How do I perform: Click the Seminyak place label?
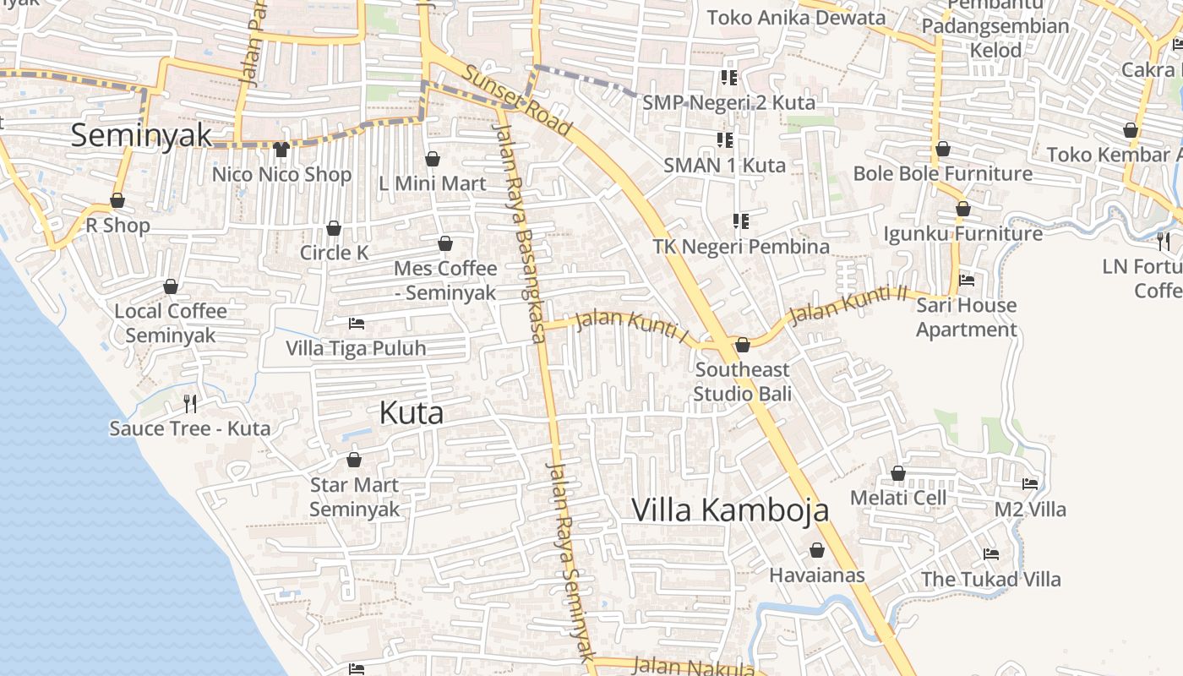141,135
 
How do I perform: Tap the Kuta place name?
412,413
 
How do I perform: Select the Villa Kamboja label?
730,510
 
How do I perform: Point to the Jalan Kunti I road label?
632,325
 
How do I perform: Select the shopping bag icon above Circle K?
334,228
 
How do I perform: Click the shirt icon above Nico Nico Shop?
281,150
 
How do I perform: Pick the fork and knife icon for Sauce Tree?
190,403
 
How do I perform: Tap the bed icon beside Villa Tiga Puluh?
357,324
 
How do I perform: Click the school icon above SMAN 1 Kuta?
725,139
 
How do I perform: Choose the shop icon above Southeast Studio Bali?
743,345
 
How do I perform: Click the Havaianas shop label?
817,575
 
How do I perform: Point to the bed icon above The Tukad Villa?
991,554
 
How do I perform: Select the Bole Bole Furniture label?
942,173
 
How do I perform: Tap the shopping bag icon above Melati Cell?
898,473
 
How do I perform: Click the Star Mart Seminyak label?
354,497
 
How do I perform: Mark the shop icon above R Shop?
117,200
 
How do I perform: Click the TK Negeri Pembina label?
741,247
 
